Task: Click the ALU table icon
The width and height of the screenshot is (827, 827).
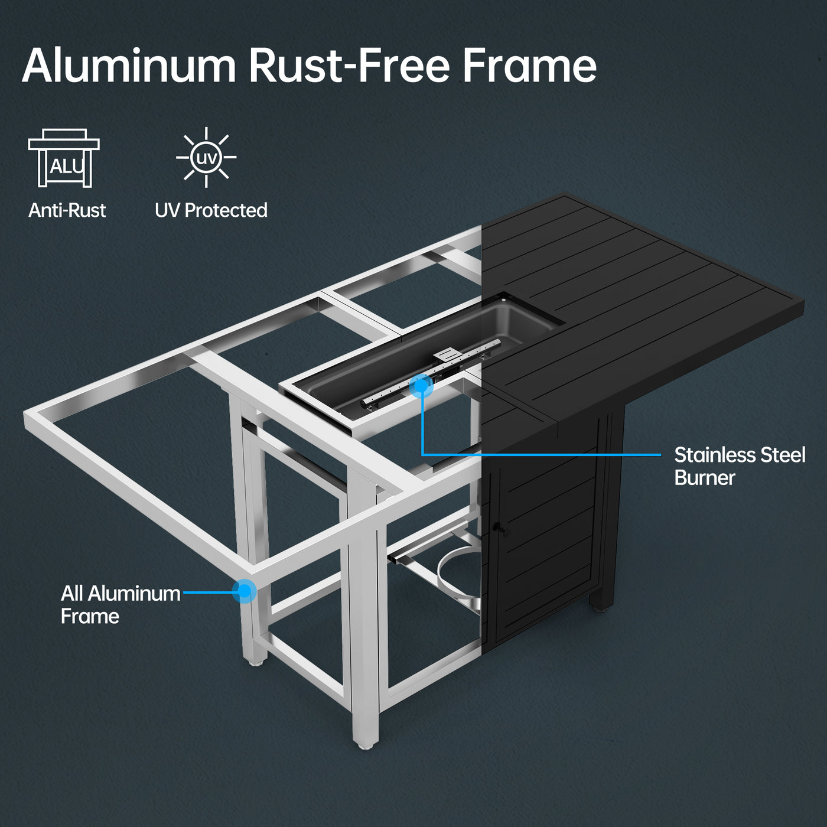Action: [x=64, y=158]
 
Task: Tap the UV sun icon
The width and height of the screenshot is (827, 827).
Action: [x=206, y=158]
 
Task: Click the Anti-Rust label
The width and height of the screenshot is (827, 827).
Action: [x=67, y=210]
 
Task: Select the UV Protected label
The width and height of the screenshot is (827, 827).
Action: [x=211, y=210]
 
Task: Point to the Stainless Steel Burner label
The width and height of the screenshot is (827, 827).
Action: [x=740, y=466]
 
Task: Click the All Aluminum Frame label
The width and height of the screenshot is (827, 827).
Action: [x=121, y=604]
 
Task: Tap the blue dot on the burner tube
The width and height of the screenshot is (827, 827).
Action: [x=421, y=386]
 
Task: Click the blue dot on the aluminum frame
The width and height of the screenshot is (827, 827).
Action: [x=244, y=591]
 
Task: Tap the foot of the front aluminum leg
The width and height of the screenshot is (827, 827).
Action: [x=365, y=743]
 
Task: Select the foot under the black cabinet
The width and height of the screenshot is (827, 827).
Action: [x=603, y=606]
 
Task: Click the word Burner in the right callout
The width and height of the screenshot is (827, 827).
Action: [x=705, y=478]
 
